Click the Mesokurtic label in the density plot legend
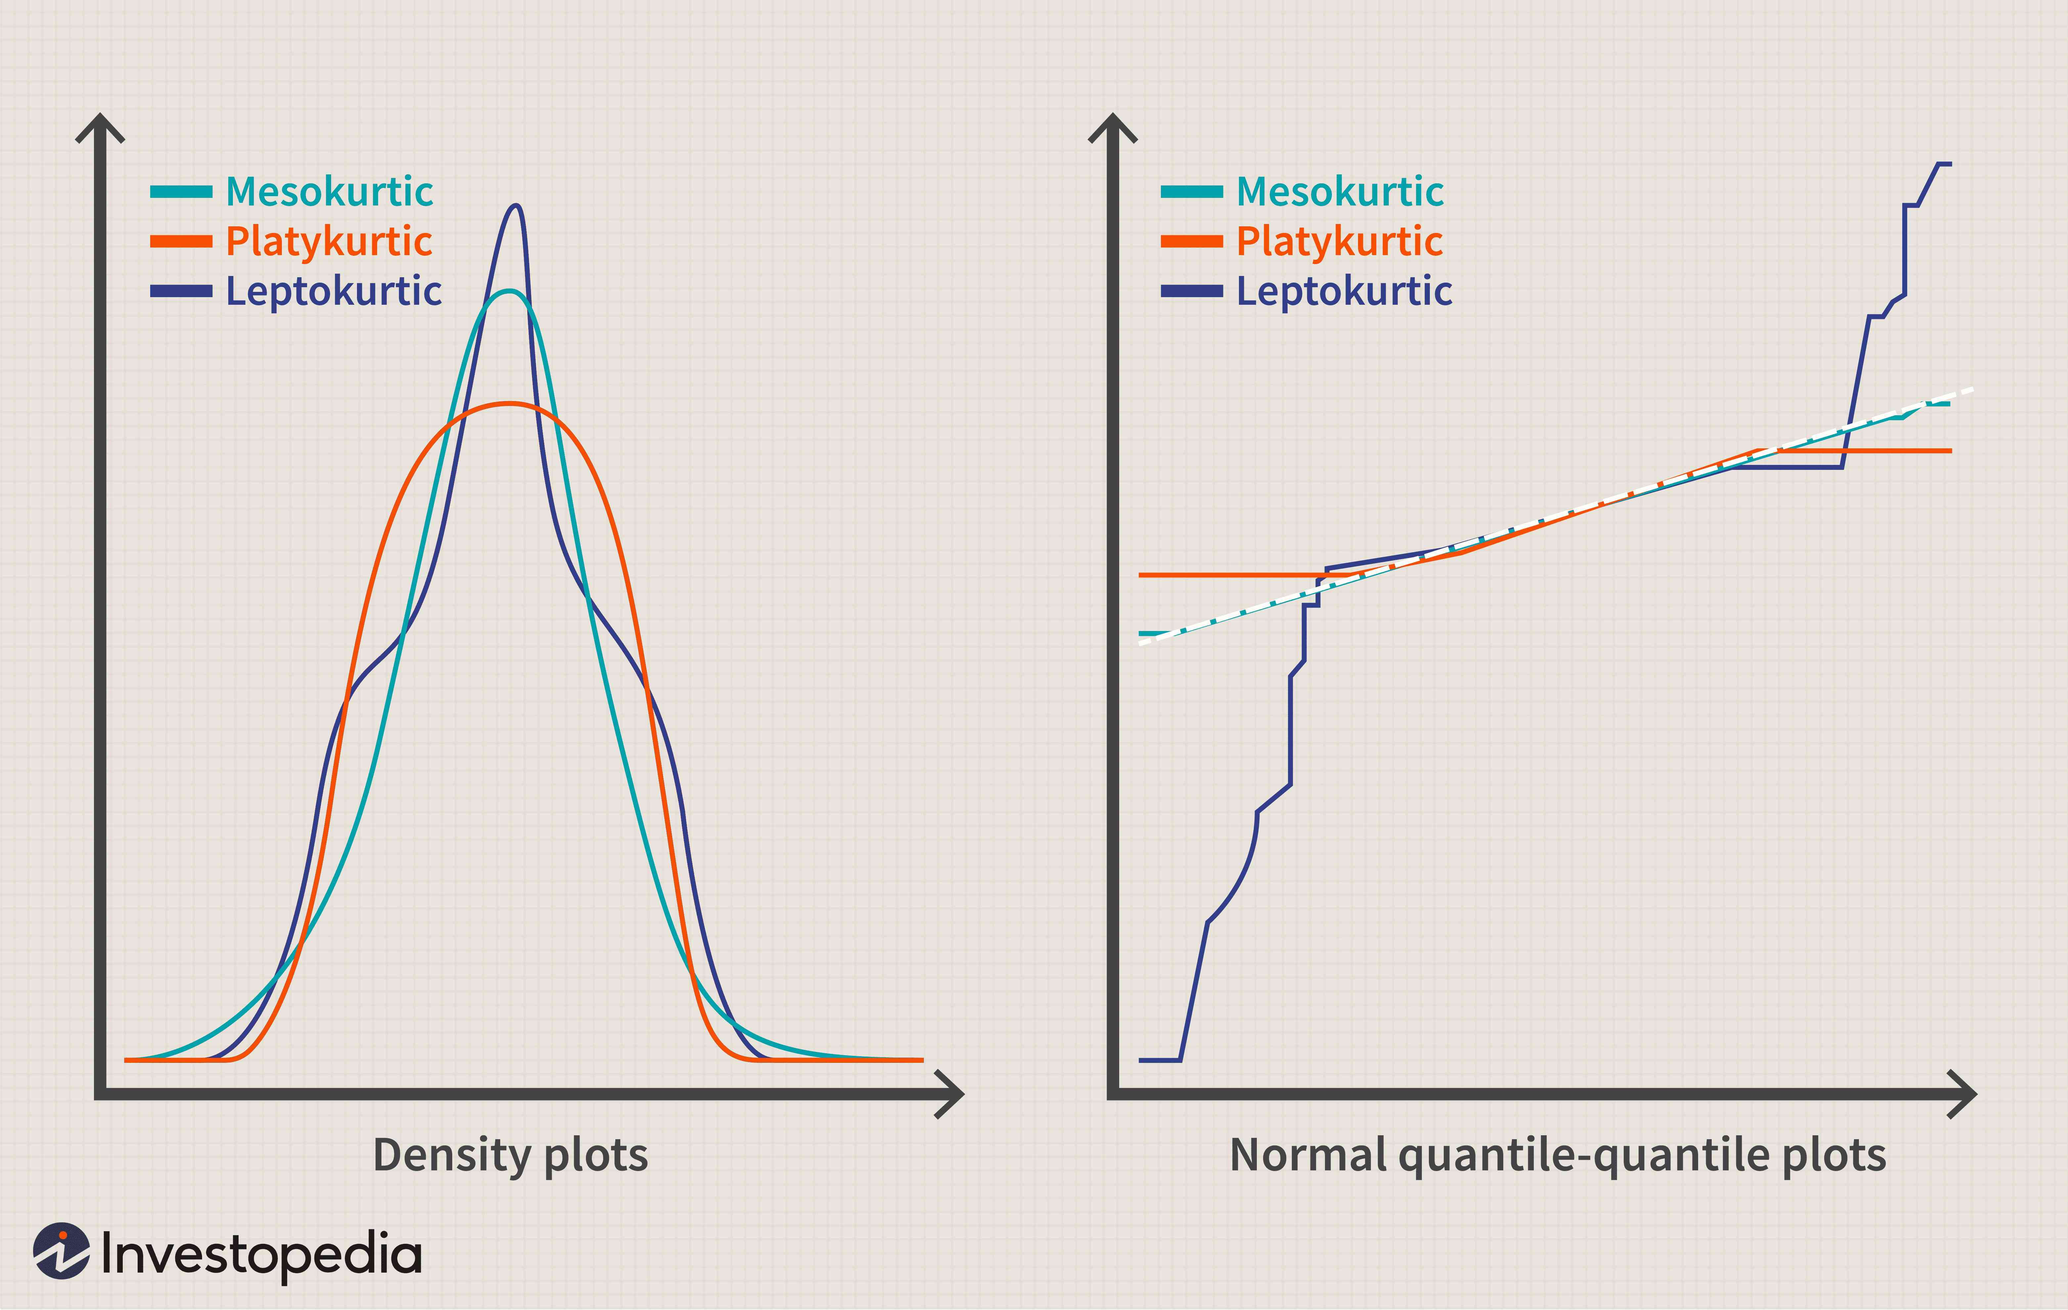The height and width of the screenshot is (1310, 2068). (x=329, y=192)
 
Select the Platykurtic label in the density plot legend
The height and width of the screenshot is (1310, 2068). (x=329, y=241)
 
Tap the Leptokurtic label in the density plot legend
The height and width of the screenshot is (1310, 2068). (x=333, y=291)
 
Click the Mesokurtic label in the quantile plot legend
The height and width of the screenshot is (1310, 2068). (x=1340, y=192)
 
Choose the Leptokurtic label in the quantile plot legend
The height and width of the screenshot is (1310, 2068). (x=1344, y=291)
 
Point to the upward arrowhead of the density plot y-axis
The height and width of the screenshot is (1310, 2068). (x=101, y=127)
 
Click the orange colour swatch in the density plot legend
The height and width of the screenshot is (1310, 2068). (x=181, y=241)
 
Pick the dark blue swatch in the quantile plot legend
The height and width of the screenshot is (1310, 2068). (x=1192, y=291)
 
